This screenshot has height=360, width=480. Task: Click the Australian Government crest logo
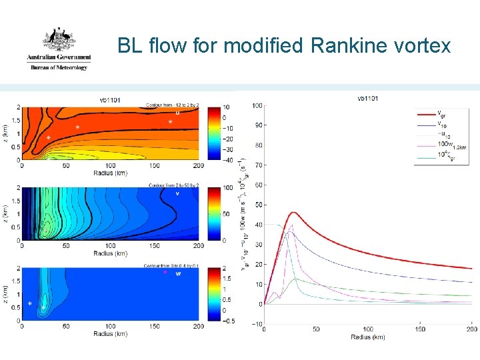[x=59, y=40]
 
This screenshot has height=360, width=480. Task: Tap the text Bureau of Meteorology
[x=59, y=67]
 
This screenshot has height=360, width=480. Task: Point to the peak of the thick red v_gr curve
[x=293, y=213]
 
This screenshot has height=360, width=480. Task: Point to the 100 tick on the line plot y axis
[x=257, y=105]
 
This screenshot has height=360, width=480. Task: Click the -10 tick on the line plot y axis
[x=257, y=324]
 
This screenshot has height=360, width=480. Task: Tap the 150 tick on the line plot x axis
[x=419, y=329]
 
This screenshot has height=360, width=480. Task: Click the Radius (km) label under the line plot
[x=368, y=337]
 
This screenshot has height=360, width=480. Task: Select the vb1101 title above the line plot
[x=368, y=99]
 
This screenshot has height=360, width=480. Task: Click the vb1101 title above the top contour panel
[x=110, y=100]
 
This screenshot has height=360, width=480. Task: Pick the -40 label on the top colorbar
[x=227, y=161]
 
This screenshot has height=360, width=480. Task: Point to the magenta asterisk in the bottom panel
[x=165, y=273]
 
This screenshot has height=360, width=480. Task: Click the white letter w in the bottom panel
[x=178, y=273]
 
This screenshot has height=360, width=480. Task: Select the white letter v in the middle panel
[x=177, y=193]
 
